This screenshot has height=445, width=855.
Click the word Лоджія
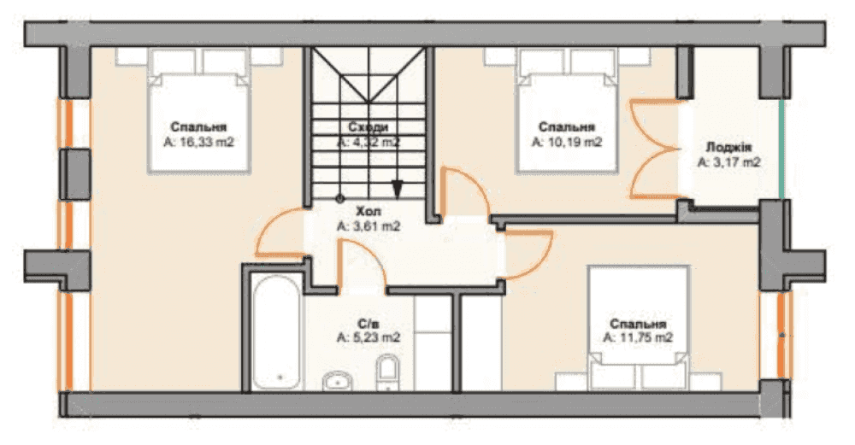point(728,147)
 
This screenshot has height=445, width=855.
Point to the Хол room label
point(369,211)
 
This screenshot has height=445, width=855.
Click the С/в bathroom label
point(369,323)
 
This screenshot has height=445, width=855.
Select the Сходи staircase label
point(369,127)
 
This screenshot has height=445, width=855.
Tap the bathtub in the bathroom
point(276,333)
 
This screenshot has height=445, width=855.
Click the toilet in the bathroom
point(387,372)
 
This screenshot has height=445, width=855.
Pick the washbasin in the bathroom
point(338,381)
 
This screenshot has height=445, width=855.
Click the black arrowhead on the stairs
point(398,189)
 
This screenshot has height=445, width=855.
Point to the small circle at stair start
point(339,198)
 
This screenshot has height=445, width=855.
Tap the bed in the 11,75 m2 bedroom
point(638,328)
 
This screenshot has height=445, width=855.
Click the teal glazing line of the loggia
point(783,149)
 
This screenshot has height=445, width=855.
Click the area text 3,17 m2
point(728,162)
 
